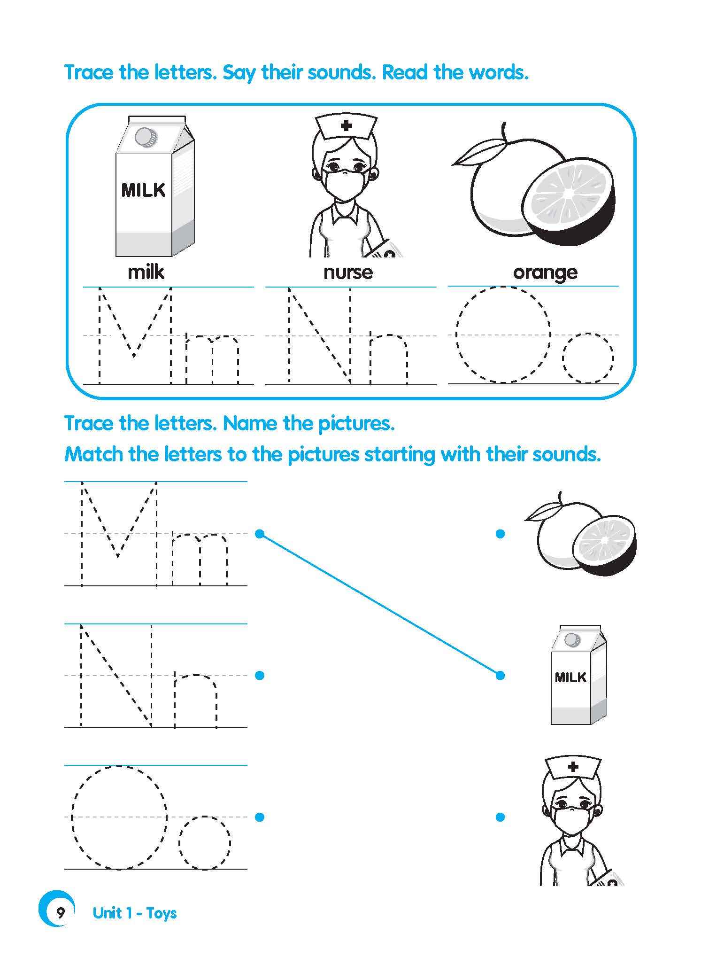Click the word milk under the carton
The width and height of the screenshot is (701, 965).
pos(146,272)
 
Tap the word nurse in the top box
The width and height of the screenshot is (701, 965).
pos(348,272)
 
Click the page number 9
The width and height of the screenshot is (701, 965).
pos(61,913)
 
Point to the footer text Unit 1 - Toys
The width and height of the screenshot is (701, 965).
pos(135,913)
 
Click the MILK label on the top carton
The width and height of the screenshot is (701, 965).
pos(143,190)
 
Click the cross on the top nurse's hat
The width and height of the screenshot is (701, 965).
pos(347,125)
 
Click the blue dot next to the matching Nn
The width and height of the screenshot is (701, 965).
pos(260,676)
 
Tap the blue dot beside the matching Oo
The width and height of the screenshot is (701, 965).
pos(260,817)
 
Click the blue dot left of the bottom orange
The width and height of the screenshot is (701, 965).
pos(500,534)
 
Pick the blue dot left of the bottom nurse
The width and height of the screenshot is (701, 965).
pos(500,817)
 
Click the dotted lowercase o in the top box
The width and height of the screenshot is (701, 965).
pos(588,358)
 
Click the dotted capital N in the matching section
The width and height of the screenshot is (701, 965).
pos(116,676)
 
